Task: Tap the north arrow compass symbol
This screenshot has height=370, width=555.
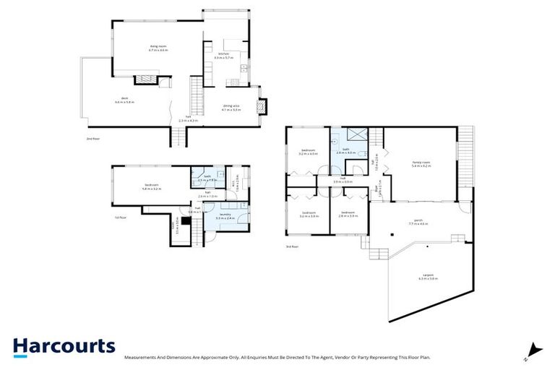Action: [x=533, y=350]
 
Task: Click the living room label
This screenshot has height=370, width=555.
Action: [x=158, y=48]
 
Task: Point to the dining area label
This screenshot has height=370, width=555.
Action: [x=231, y=108]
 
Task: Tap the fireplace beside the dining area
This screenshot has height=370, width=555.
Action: [x=263, y=105]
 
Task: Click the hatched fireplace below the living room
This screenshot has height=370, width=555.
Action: [x=147, y=80]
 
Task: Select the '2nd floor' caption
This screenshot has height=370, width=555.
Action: [x=92, y=137]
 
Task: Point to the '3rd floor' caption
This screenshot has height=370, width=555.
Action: [x=291, y=246]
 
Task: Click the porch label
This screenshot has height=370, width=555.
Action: [x=418, y=223]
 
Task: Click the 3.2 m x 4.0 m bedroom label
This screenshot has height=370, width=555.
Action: [x=308, y=152]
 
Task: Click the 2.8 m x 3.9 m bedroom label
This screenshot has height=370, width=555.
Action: [x=350, y=214]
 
